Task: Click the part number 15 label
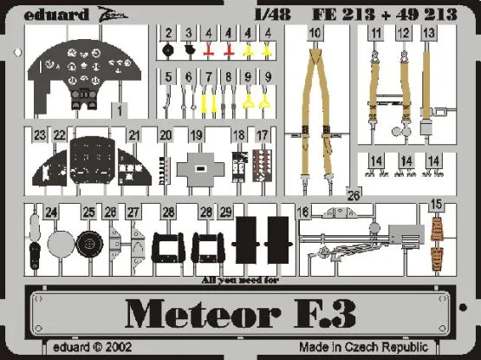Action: [436, 204]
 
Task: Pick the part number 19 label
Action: [197, 135]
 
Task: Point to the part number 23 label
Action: [39, 135]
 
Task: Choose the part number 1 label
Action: [118, 109]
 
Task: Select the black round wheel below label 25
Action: [87, 245]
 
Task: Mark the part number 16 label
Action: [303, 212]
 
